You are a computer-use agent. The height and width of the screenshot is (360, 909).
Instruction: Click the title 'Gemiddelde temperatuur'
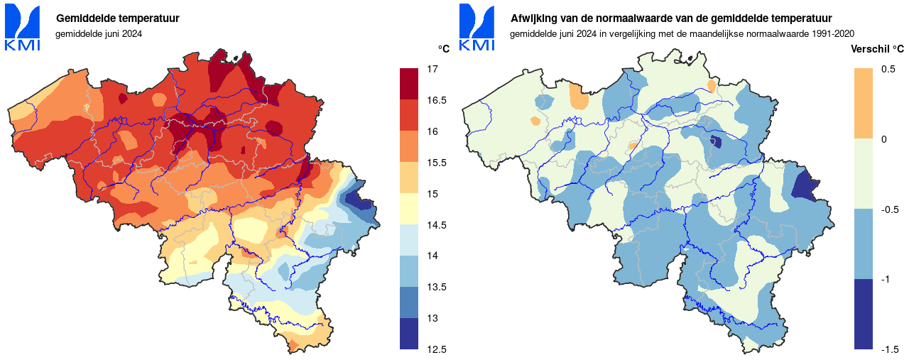coord(118,18)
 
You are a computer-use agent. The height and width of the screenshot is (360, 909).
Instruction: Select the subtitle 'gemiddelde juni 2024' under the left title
coord(98,33)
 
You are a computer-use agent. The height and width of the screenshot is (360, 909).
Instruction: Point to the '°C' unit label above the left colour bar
coord(444,49)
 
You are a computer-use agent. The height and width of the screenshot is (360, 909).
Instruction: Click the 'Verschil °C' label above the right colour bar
coord(877,49)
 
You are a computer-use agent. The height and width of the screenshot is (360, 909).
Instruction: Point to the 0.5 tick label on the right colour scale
coord(888,70)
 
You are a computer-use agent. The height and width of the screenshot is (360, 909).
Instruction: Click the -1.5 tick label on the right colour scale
coord(890,349)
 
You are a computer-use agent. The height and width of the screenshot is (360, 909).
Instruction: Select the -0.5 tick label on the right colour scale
coord(890,209)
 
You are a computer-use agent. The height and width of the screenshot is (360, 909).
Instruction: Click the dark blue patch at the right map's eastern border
coord(805,186)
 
